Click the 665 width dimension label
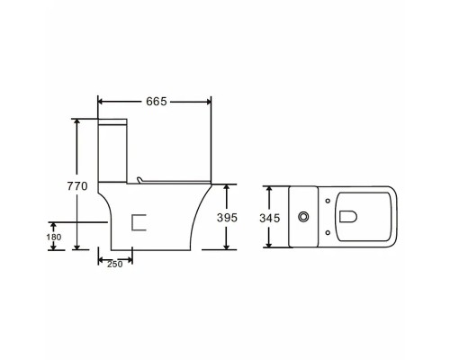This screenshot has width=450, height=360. (156, 102)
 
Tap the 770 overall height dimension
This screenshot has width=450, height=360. (77, 186)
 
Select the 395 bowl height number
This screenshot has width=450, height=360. (227, 218)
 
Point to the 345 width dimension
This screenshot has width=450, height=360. (270, 218)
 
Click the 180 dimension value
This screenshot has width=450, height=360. (54, 237)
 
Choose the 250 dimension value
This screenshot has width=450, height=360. (115, 265)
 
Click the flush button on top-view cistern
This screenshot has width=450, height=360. (304, 217)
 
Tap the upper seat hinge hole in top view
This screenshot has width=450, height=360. (328, 201)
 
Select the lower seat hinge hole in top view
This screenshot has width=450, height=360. (328, 232)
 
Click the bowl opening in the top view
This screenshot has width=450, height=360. (348, 217)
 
